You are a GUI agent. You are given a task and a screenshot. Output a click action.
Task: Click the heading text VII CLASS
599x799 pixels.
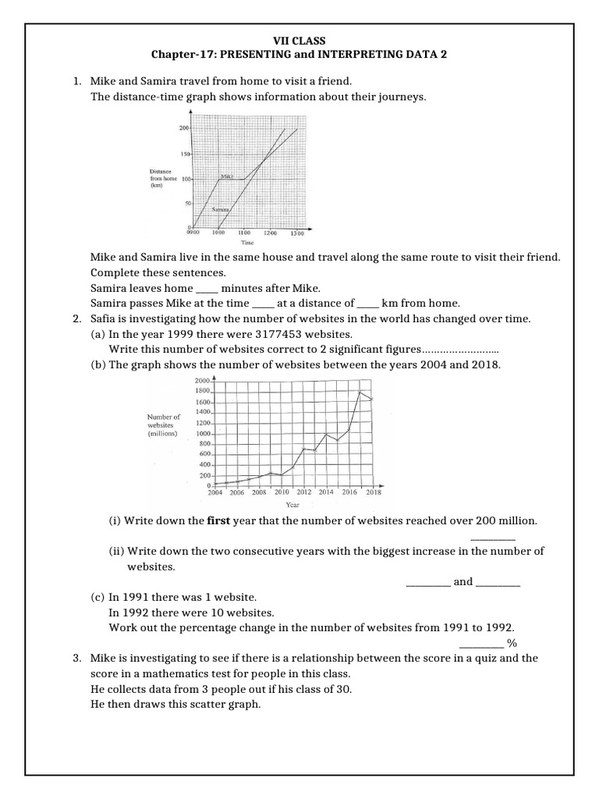[299, 39]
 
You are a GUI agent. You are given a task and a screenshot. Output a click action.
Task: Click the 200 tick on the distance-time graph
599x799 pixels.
[185, 128]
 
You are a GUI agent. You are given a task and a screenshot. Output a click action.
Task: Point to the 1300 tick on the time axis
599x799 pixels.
[297, 233]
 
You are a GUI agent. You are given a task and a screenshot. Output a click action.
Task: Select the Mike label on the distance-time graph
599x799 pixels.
[227, 177]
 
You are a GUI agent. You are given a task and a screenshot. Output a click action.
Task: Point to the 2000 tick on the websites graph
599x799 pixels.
[203, 379]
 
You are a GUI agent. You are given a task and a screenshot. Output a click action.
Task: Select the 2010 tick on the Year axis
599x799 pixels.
[282, 492]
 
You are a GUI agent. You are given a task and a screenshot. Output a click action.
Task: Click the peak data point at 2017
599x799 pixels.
[360, 391]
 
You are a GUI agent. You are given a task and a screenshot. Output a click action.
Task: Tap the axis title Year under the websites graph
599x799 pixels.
[292, 505]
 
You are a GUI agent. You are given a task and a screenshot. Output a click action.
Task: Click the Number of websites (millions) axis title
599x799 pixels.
[163, 425]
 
